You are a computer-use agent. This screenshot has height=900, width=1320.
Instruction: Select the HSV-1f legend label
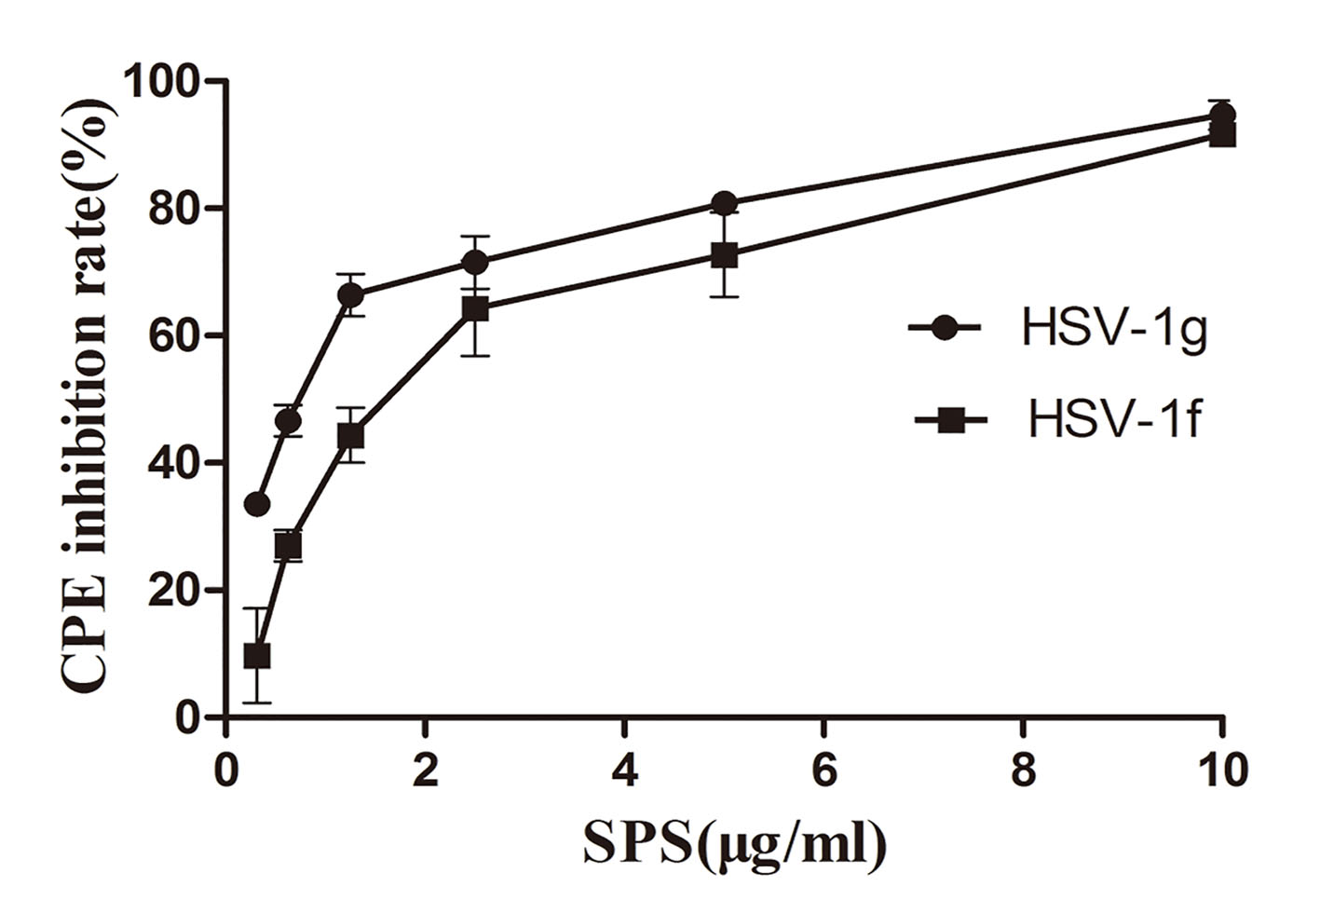coord(1114,420)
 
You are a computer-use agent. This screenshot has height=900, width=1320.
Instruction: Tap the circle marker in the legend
coord(946,328)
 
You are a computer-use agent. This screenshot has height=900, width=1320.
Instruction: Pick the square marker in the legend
coord(950,421)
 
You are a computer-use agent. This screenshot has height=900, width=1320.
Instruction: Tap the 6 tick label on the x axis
coord(824,770)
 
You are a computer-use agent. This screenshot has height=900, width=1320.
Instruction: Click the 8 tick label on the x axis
coord(1024,770)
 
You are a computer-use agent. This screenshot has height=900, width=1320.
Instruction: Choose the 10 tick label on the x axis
coord(1222,770)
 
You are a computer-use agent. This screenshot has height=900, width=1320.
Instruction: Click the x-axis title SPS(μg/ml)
coord(735,843)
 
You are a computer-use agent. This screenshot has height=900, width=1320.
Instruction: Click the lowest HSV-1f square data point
coord(257,656)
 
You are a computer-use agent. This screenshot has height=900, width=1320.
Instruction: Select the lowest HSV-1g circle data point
coord(257,504)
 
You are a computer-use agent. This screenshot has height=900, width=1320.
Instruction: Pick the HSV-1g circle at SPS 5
coord(725,203)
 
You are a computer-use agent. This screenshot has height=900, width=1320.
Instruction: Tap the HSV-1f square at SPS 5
coord(725,254)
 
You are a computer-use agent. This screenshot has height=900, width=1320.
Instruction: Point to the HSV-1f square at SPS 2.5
coord(475,308)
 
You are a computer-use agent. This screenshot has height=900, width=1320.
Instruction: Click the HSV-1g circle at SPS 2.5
coord(475,262)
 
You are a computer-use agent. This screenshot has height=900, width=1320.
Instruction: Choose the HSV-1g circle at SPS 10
coord(1222,116)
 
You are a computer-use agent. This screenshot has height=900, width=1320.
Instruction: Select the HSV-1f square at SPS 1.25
coord(350,436)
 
